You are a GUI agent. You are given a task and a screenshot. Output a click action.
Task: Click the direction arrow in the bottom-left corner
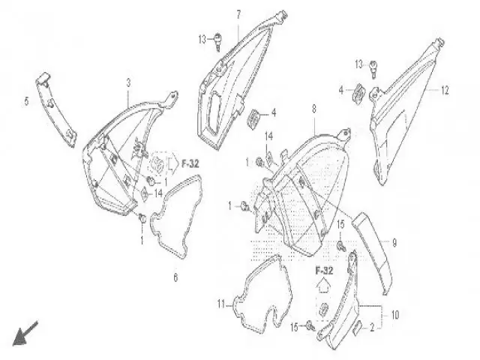(25, 334)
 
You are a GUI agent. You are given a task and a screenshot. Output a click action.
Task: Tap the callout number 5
(26, 101)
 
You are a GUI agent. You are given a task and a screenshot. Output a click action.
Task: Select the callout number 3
(128, 82)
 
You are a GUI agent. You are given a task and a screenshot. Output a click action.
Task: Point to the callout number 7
(238, 14)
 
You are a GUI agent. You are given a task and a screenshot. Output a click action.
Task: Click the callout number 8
(313, 109)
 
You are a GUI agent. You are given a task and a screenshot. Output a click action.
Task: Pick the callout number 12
(445, 90)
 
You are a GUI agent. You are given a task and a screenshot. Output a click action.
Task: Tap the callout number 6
(175, 277)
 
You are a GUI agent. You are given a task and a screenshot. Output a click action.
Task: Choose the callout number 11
(221, 304)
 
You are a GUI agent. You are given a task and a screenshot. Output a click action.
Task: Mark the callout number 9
(394, 243)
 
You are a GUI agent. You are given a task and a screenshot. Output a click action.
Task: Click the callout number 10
(395, 315)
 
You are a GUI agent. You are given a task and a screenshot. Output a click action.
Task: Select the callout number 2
(372, 328)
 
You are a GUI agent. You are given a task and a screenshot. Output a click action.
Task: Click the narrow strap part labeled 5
(56, 109)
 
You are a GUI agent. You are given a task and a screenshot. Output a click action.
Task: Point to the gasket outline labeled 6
(175, 217)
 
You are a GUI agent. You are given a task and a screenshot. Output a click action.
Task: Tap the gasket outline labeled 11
(263, 295)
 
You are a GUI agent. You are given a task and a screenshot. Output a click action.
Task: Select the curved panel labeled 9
(372, 253)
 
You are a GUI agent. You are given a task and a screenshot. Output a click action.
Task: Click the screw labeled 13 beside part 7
(218, 42)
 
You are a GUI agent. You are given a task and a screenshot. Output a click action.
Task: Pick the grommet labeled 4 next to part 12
(358, 92)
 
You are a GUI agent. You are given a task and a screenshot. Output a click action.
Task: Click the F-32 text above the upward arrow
(324, 271)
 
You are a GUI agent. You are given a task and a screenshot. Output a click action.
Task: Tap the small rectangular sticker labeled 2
(358, 327)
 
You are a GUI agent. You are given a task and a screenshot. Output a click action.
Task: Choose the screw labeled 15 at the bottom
(310, 325)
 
